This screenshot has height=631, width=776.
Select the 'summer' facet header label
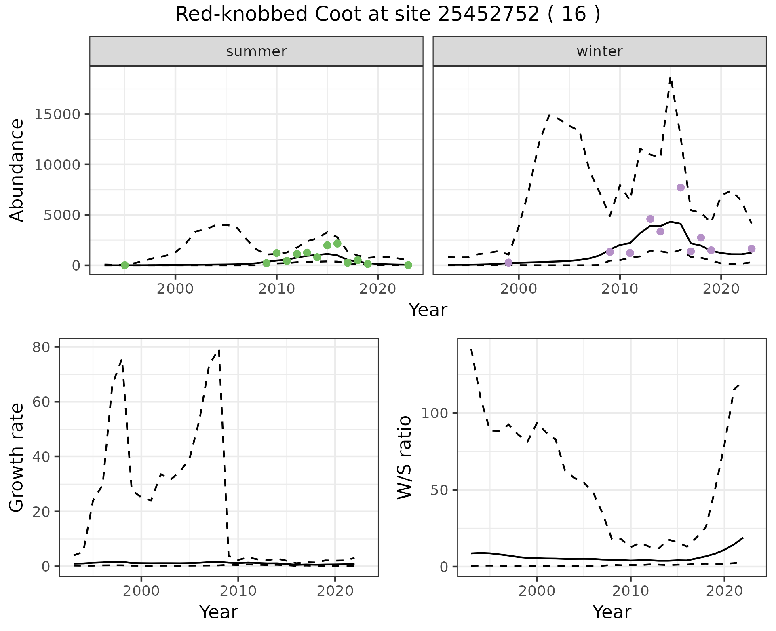click(256, 51)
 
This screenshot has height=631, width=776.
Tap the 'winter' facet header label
click(599, 51)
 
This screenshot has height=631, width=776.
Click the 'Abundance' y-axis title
click(17, 170)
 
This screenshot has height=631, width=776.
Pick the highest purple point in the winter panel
click(681, 187)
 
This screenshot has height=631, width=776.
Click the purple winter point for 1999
click(508, 263)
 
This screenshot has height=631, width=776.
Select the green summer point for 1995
click(125, 265)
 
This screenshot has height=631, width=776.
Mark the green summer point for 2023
click(408, 265)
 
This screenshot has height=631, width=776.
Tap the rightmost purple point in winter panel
click(751, 249)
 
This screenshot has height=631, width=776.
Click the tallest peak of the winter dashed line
click(670, 77)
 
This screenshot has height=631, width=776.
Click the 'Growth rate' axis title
click(17, 457)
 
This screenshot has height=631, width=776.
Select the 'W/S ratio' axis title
click(405, 457)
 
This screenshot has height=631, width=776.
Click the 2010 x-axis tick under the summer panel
click(276, 290)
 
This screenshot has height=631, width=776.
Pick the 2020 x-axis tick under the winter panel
click(721, 290)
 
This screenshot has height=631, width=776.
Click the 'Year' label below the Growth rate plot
click(219, 612)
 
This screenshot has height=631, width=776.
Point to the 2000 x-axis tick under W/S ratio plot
click(536, 591)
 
